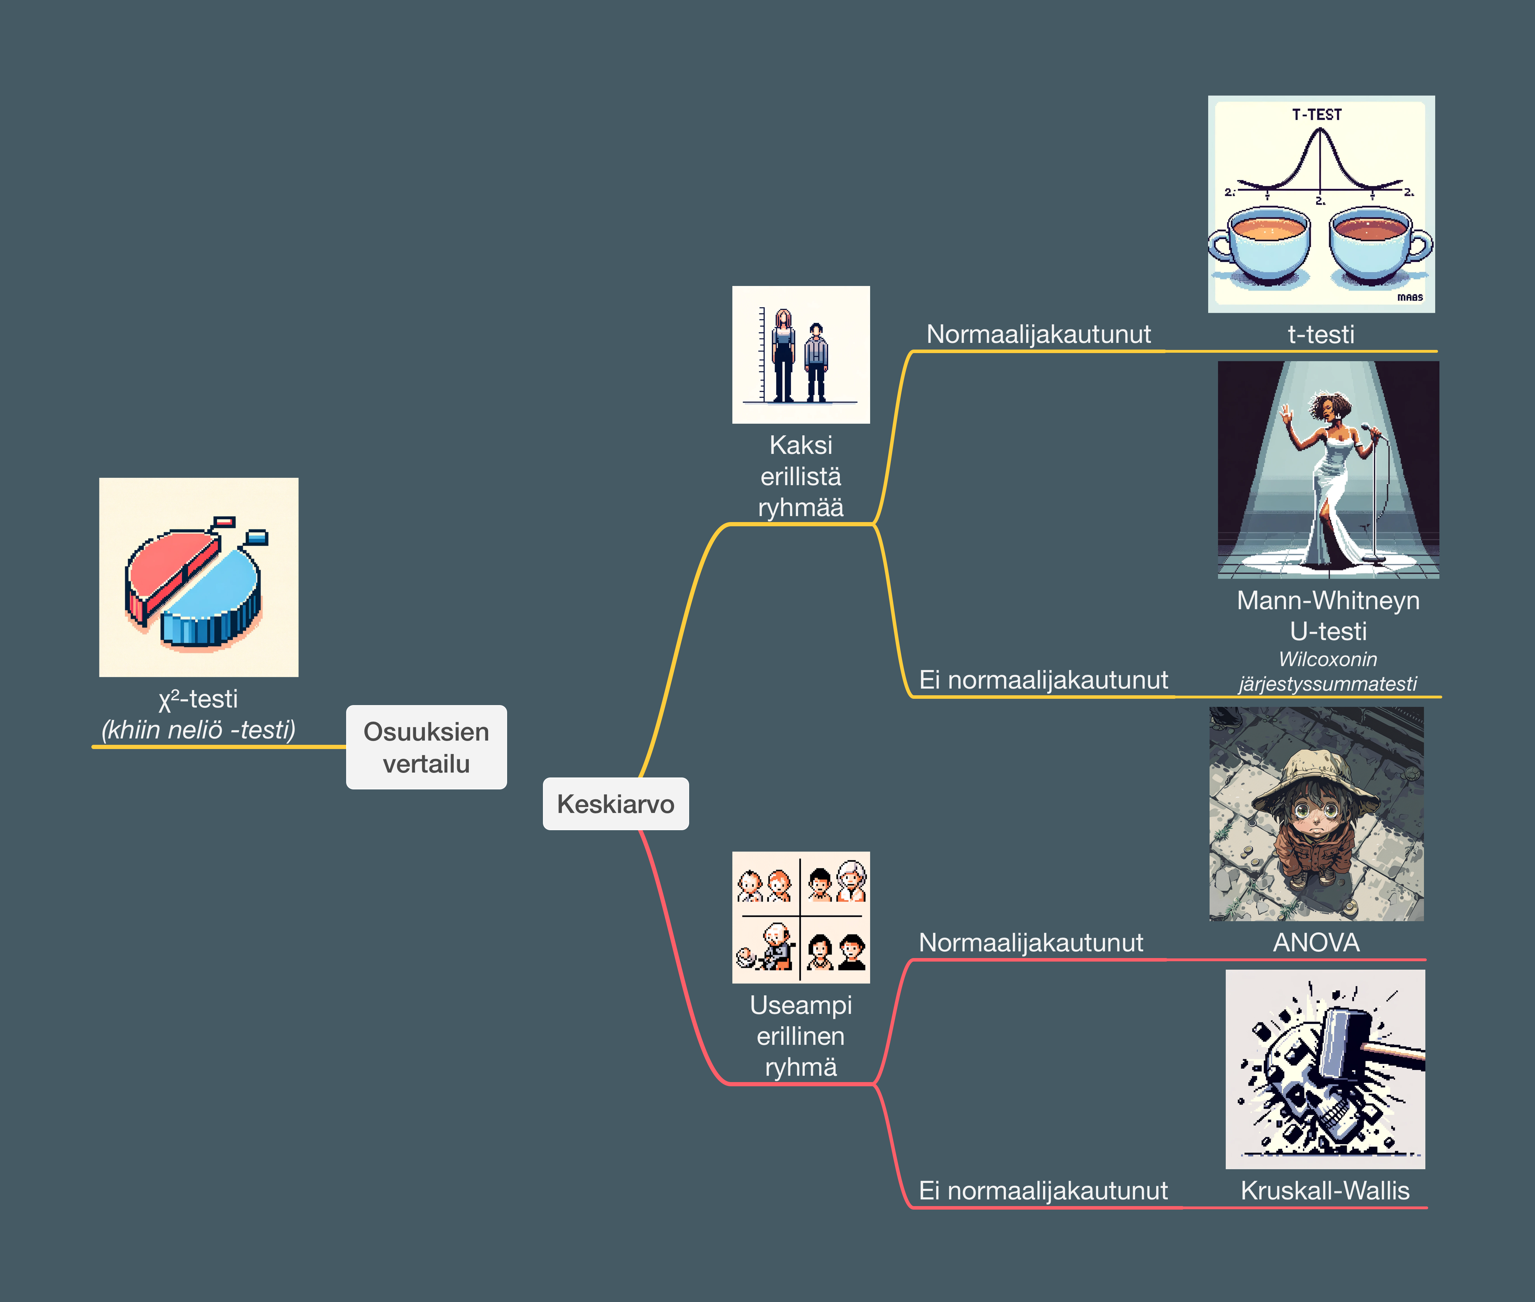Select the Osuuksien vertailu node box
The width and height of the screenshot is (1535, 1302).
426,747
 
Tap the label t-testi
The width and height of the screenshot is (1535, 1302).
1321,334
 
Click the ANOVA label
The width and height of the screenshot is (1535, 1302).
1316,943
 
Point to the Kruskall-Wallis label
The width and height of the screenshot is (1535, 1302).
1324,1191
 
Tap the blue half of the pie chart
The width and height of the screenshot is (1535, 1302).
214,598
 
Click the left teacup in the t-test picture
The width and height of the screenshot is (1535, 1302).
1266,243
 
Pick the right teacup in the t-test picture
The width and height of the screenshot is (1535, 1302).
1373,243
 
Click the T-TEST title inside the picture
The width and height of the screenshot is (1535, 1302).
1316,115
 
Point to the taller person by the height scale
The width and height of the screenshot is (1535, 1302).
783,354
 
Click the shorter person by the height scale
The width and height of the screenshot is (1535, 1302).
816,362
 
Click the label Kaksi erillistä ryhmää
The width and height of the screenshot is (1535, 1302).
800,476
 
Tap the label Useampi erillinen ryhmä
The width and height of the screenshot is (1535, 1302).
800,1036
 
